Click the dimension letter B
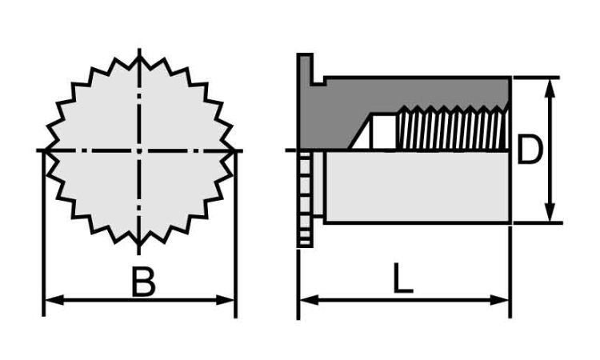click(x=143, y=282)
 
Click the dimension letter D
click(x=530, y=150)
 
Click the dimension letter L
click(x=403, y=278)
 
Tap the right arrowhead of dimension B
click(x=226, y=300)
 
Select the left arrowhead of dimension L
click(x=309, y=300)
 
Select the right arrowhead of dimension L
click(x=500, y=300)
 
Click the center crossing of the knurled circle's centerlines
click(x=139, y=150)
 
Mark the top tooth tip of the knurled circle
click(x=139, y=56)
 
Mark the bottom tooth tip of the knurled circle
click(x=139, y=246)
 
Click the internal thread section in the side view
click(x=454, y=127)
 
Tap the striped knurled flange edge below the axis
click(x=305, y=199)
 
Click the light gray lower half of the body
click(x=418, y=186)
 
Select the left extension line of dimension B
click(x=44, y=234)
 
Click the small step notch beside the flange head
click(x=319, y=81)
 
